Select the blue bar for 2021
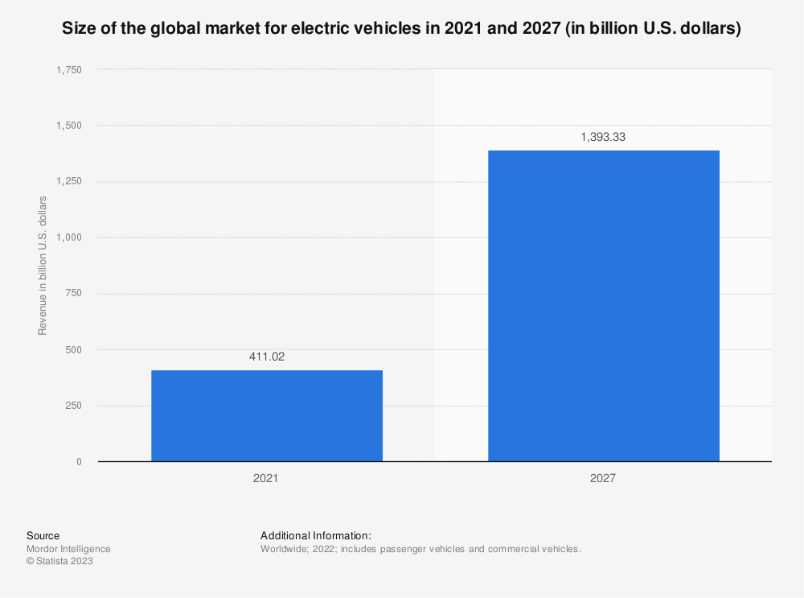click(x=266, y=415)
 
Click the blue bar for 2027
click(x=603, y=306)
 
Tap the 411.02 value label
click(x=266, y=357)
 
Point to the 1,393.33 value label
click(x=603, y=137)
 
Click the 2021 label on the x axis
click(x=266, y=479)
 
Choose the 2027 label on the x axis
click(x=603, y=479)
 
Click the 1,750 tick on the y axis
click(x=68, y=70)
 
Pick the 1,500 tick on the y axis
click(x=68, y=126)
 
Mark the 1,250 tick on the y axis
click(x=68, y=182)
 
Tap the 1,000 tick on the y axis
click(x=68, y=237)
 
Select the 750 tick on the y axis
click(x=73, y=294)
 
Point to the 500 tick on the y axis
click(x=73, y=350)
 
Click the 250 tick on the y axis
click(x=73, y=406)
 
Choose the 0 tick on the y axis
click(x=79, y=462)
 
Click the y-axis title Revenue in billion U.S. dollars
click(x=42, y=265)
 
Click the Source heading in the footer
click(x=43, y=535)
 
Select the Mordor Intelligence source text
click(x=68, y=549)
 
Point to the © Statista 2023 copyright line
click(x=59, y=562)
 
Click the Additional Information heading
click(x=315, y=535)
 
